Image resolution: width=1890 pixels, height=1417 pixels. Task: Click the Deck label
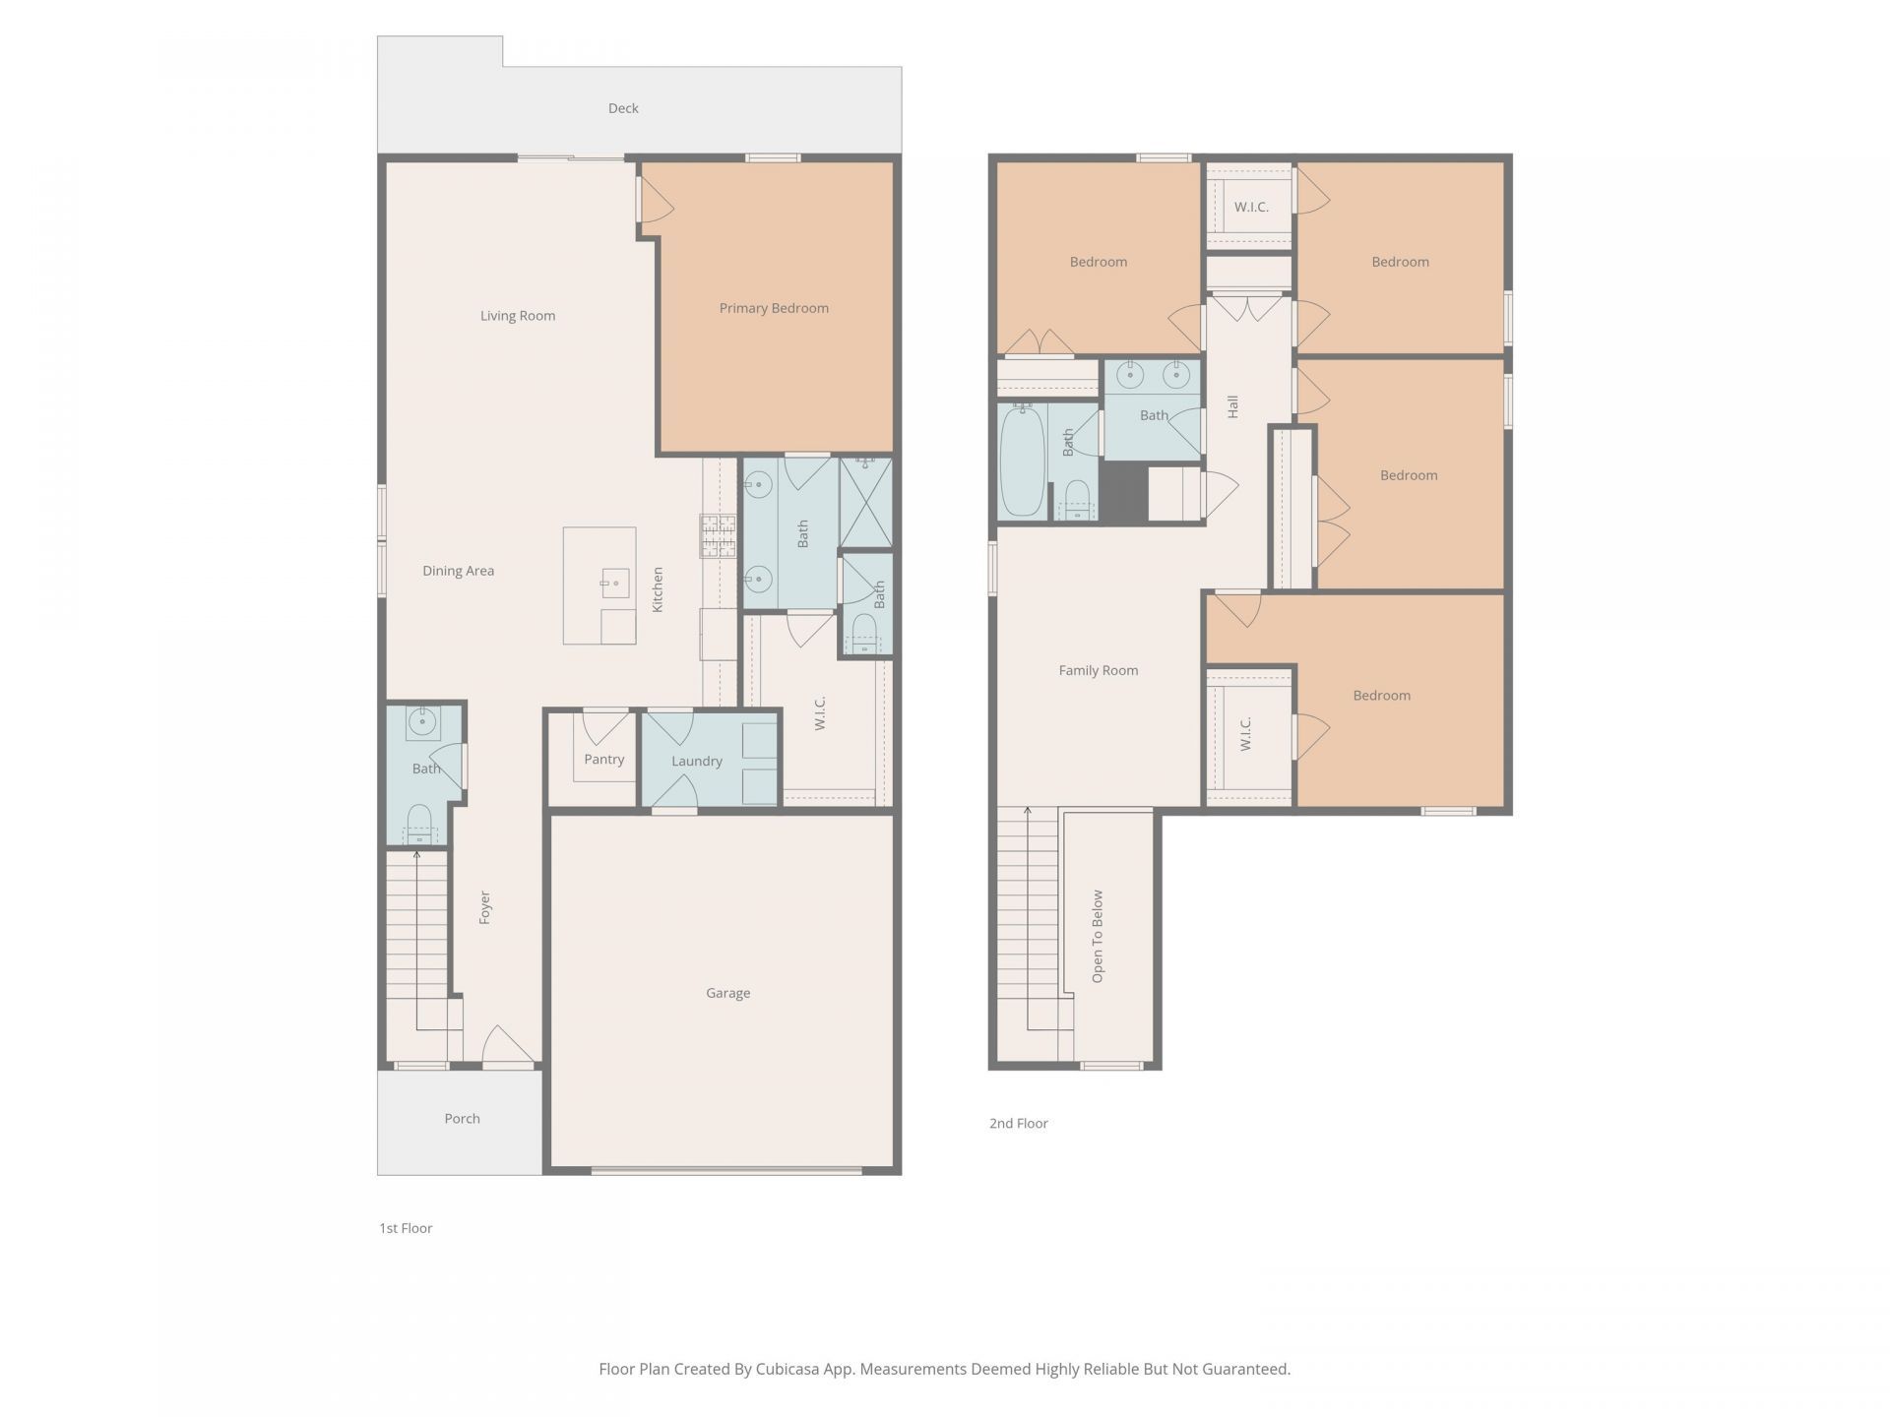pyautogui.click(x=623, y=108)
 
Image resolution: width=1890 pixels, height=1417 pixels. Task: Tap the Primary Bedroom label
pyautogui.click(x=774, y=308)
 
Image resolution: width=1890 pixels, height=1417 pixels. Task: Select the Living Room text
pyautogui.click(x=518, y=316)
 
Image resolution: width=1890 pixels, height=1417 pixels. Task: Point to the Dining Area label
pyautogui.click(x=459, y=571)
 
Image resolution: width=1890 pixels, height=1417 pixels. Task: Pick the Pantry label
pyautogui.click(x=604, y=760)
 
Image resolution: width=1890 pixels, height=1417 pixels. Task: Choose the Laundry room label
pyautogui.click(x=697, y=761)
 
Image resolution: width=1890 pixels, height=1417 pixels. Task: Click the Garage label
pyautogui.click(x=728, y=993)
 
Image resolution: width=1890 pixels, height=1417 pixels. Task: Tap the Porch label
pyautogui.click(x=463, y=1119)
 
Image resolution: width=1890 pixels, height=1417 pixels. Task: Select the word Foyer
pyautogui.click(x=484, y=907)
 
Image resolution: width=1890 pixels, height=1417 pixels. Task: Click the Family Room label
pyautogui.click(x=1099, y=670)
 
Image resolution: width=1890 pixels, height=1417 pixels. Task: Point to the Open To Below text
pyautogui.click(x=1098, y=937)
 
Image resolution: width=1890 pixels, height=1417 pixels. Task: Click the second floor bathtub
pyautogui.click(x=1022, y=462)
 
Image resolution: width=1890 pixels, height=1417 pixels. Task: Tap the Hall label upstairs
pyautogui.click(x=1232, y=406)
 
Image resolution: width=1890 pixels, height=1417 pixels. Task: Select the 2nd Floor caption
pyautogui.click(x=1019, y=1124)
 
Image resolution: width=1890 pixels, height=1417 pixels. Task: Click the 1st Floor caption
pyautogui.click(x=407, y=1228)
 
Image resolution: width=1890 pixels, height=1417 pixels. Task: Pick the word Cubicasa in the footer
pyautogui.click(x=789, y=1369)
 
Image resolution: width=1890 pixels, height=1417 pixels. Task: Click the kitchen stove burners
pyautogui.click(x=719, y=536)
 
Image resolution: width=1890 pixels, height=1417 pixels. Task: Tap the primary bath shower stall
pyautogui.click(x=865, y=502)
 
